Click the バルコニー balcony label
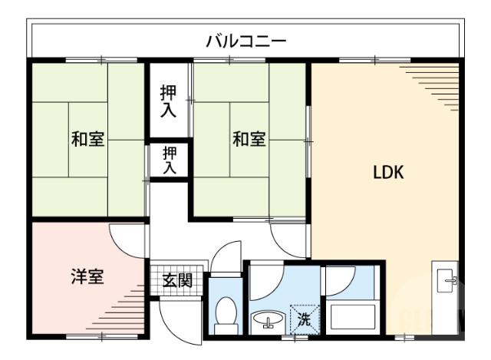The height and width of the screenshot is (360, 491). pos(245,40)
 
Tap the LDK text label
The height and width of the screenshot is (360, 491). pos(388,172)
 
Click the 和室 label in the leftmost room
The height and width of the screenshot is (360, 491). pos(87,140)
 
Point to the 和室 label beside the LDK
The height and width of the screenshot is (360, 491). pos(249,140)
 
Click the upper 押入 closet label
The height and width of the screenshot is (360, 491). pos(168,101)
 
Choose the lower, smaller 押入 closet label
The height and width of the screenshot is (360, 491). pos(170,160)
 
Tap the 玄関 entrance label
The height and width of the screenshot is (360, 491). pos(177,281)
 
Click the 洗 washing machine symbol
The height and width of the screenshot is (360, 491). pos(304,317)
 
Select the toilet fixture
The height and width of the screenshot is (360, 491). pos(225,314)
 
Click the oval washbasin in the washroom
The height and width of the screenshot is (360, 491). pos(268,319)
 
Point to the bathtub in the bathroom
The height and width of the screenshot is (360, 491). pos(351,317)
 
